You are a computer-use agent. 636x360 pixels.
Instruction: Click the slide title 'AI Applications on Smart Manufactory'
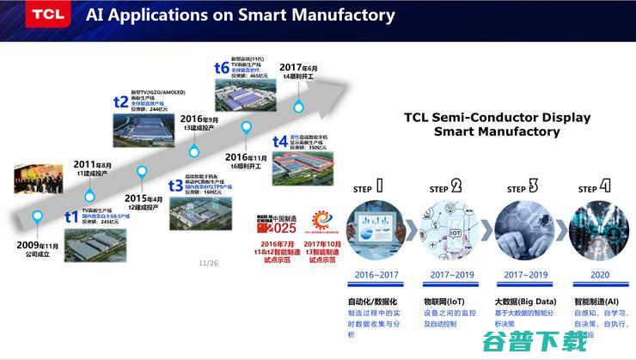point(241,15)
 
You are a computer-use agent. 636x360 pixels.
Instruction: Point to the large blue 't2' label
point(121,101)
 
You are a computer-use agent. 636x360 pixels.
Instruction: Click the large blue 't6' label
point(222,67)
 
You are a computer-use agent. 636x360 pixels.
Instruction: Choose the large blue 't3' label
point(175,185)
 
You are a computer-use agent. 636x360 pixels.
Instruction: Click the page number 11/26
point(208,263)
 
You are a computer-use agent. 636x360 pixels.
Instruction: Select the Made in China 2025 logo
point(272,221)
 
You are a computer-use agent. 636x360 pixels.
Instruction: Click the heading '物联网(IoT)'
point(446,302)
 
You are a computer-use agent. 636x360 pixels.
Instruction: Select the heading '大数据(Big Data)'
point(525,302)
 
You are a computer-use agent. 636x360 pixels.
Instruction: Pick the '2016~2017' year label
point(375,275)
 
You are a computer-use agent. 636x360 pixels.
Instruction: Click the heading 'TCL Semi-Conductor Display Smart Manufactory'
point(497,124)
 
